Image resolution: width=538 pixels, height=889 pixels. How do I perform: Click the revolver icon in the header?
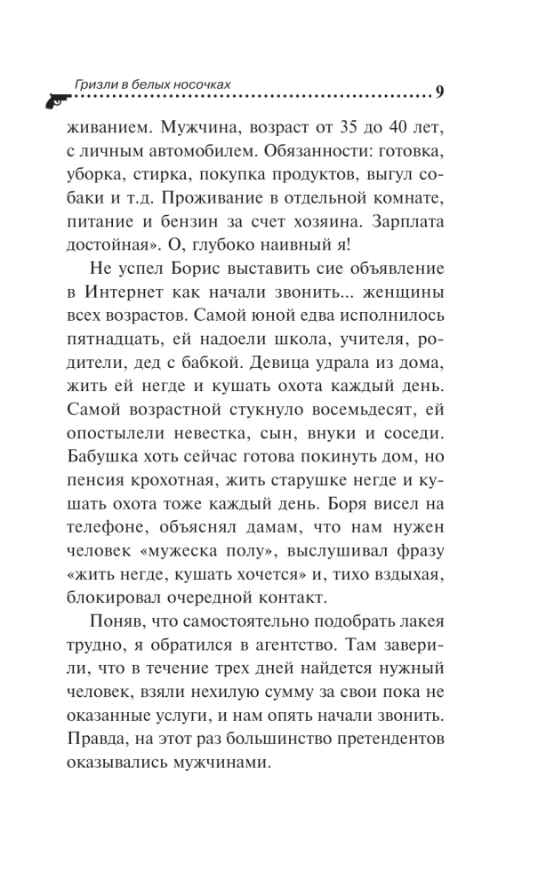coord(54,99)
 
